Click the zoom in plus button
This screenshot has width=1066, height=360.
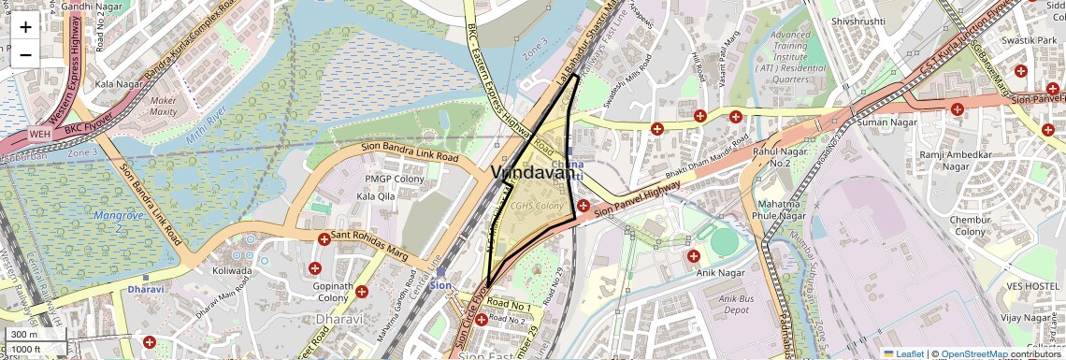25,27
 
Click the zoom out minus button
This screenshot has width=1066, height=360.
25,54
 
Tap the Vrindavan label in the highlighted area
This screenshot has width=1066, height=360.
532,173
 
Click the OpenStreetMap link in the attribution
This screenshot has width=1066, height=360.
973,353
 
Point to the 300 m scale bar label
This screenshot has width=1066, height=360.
24,334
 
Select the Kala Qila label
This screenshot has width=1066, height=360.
376,196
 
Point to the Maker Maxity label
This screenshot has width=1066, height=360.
164,106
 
